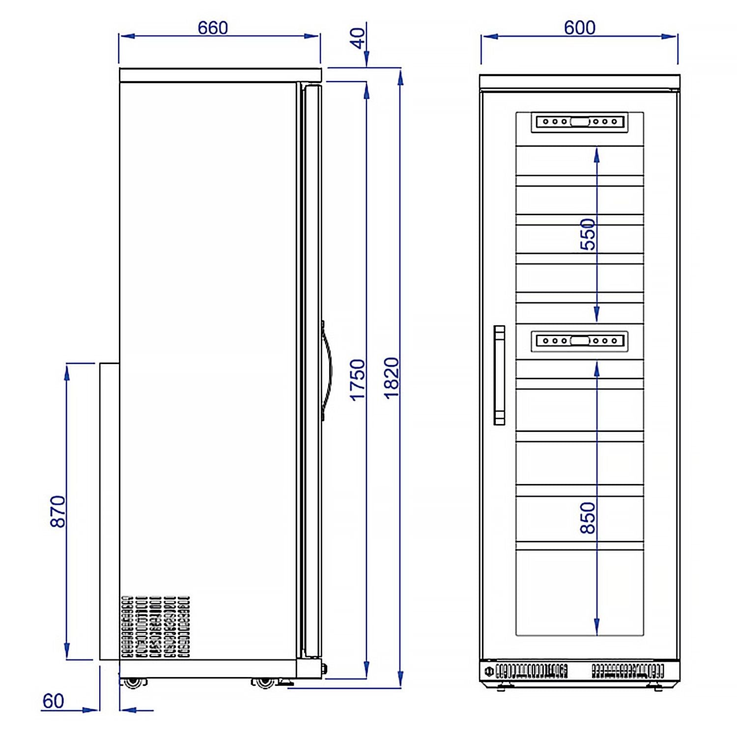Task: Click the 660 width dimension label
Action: (213, 28)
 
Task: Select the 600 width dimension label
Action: (580, 28)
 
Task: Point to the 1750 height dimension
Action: (358, 380)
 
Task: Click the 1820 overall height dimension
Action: (392, 378)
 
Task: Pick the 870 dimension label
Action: (58, 511)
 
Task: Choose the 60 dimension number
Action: (53, 701)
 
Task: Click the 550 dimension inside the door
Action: (588, 234)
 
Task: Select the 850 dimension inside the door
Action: (588, 517)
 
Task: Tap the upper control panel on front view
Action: (580, 122)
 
